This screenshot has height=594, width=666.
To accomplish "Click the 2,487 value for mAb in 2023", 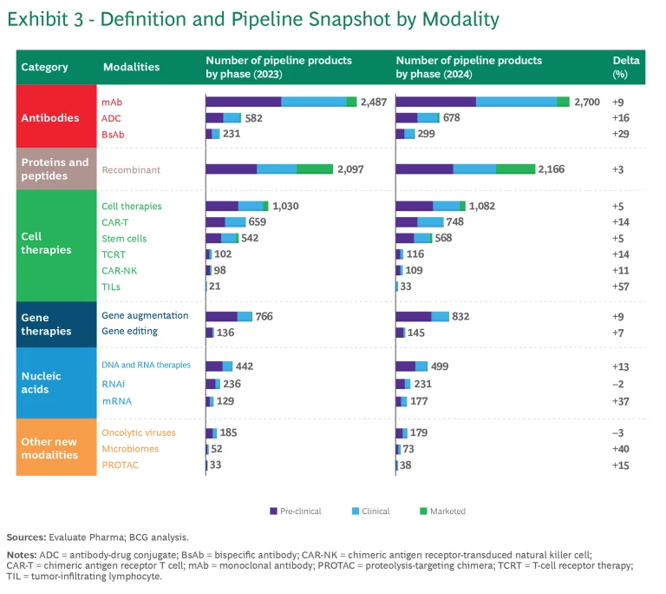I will click(377, 102).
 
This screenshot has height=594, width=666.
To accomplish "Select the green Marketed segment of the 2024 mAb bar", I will click(563, 102).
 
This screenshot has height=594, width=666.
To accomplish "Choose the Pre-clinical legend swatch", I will click(273, 511).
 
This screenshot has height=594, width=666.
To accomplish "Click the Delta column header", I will click(625, 67).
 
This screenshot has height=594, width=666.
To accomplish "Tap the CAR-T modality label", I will click(116, 222).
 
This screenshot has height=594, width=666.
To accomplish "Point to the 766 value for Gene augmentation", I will click(264, 316).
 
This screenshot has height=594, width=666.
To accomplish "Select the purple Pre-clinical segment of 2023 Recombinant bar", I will click(231, 169).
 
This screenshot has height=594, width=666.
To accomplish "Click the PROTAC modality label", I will click(120, 465).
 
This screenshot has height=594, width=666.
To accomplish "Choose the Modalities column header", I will click(131, 67).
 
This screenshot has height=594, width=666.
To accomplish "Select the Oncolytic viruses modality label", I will click(139, 432).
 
